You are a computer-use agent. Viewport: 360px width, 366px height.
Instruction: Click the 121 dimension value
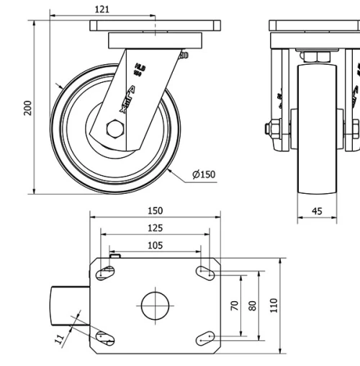click(x=101, y=9)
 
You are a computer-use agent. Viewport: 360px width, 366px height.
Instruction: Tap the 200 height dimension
click(x=27, y=108)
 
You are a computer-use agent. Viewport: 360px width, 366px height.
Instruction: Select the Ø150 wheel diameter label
click(x=204, y=174)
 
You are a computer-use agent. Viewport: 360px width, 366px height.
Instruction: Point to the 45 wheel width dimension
click(x=318, y=211)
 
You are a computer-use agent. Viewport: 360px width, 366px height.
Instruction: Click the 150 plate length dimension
click(x=154, y=210)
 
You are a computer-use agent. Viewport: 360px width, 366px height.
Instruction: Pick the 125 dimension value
click(x=154, y=228)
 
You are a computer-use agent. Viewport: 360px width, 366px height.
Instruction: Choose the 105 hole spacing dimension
click(x=154, y=245)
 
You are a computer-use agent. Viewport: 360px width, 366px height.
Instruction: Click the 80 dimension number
click(x=252, y=305)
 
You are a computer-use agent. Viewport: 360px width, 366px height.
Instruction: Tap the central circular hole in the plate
click(x=154, y=305)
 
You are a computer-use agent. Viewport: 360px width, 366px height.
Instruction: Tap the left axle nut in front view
click(x=274, y=130)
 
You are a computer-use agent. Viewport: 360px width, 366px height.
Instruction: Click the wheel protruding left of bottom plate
click(x=69, y=305)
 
